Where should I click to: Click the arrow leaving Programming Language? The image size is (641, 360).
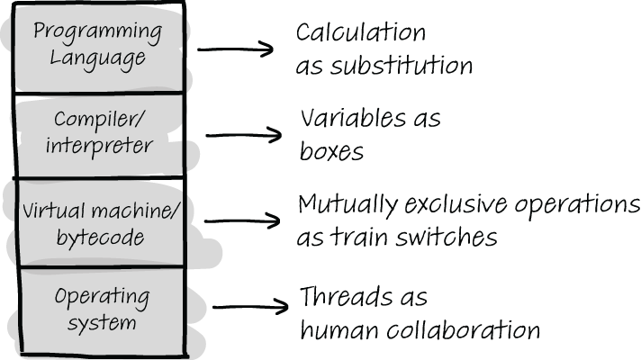click(235, 49)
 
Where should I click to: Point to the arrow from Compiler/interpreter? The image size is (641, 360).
click(243, 136)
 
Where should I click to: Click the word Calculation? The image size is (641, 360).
click(361, 33)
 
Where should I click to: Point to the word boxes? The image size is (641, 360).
click(331, 150)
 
